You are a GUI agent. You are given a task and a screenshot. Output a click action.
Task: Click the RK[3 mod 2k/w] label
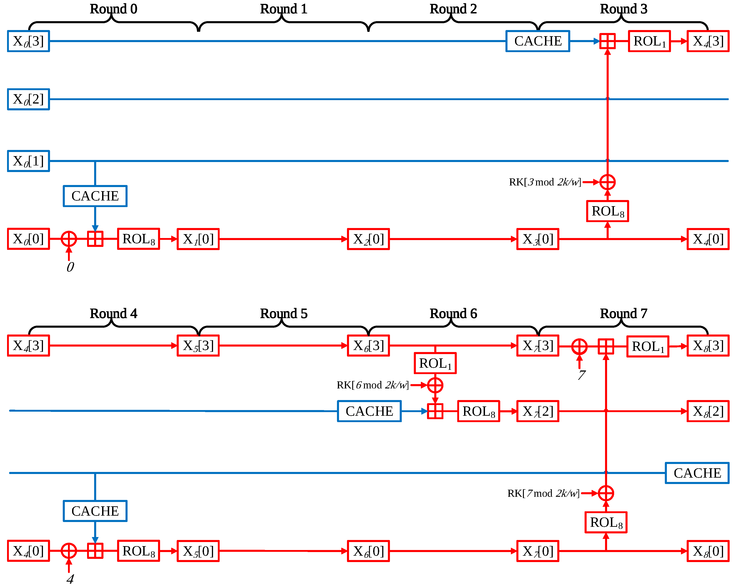coord(545,182)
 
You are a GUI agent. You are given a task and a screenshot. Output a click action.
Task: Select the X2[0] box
coord(368,239)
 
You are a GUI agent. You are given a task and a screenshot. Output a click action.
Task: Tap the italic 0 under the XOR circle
coord(70,267)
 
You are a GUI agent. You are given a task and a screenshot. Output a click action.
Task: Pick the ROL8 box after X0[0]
coord(139,239)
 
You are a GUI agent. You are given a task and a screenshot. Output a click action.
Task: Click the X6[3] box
coord(368,346)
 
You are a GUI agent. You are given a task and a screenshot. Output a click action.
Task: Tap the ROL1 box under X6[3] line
coord(435,363)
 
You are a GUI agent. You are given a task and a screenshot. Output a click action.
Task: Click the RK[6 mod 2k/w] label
coord(372,385)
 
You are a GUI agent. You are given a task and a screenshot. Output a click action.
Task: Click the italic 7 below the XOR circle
coord(582,375)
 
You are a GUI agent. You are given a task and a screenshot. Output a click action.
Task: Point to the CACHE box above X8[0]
coord(697,473)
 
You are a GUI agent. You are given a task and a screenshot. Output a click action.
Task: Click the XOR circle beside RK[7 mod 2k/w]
coord(606,493)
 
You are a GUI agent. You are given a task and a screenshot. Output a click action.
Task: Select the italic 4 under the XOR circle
coord(70,579)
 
